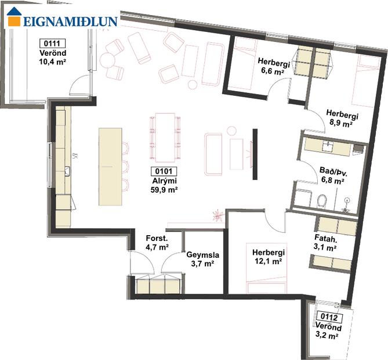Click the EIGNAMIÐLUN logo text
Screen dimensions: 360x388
pyautogui.click(x=70, y=22)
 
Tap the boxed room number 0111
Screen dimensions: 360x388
pyautogui.click(x=51, y=43)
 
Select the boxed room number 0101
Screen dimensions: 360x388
pyautogui.click(x=163, y=171)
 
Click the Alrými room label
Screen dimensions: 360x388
pyautogui.click(x=163, y=181)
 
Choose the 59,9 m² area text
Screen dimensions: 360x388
pyautogui.click(x=163, y=189)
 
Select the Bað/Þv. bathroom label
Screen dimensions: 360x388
pyautogui.click(x=332, y=171)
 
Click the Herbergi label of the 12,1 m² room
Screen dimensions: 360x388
pyautogui.click(x=267, y=253)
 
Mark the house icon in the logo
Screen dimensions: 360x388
pyautogui.click(x=14, y=19)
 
